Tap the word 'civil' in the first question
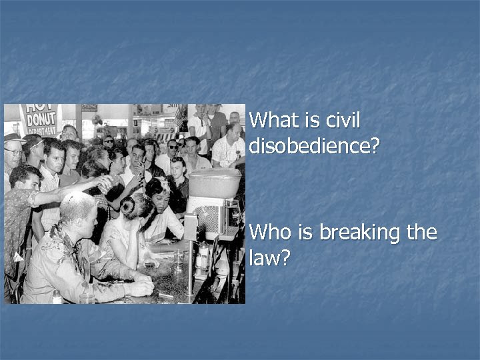click(x=343, y=121)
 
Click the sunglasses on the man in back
click(x=173, y=145)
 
